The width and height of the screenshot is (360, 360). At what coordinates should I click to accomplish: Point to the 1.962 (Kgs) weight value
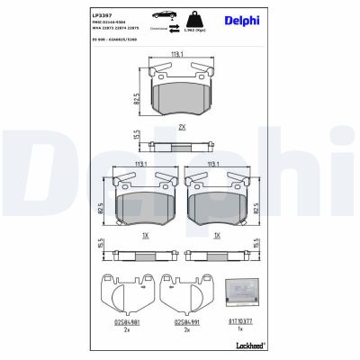pyautogui.click(x=194, y=31)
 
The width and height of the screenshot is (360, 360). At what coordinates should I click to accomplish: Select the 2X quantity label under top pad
pyautogui.click(x=182, y=127)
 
